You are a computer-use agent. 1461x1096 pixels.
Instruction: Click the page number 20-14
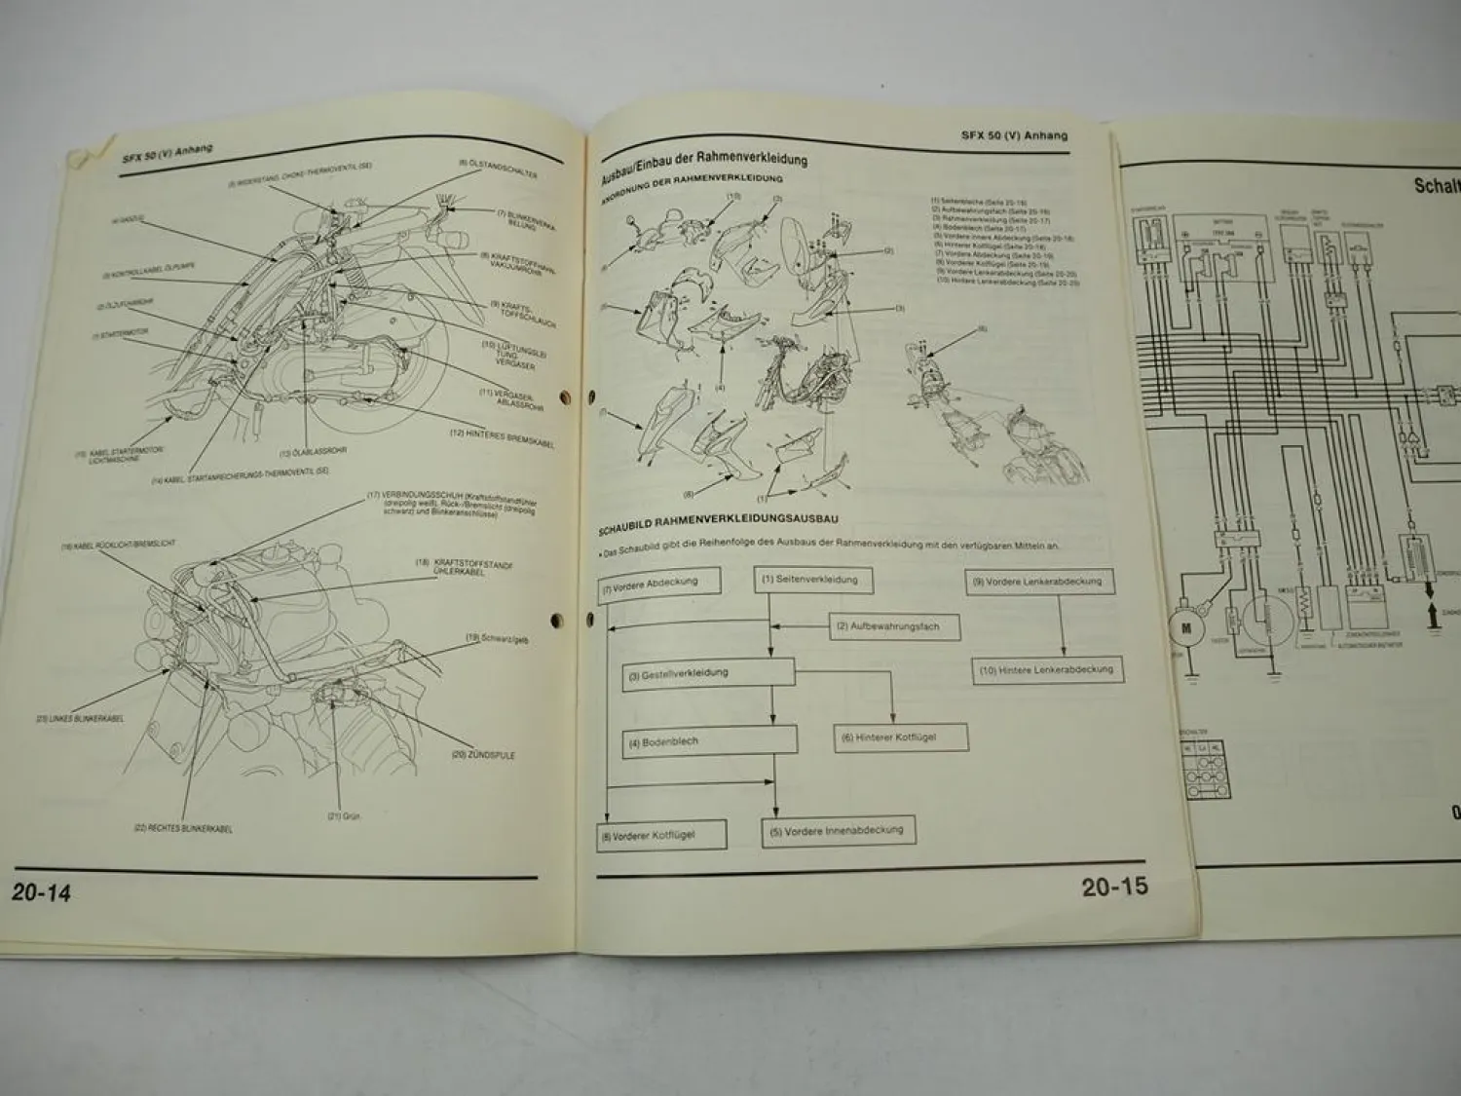42,891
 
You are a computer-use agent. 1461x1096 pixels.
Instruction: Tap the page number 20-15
1114,887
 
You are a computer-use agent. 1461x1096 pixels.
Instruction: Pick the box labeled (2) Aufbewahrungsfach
894,626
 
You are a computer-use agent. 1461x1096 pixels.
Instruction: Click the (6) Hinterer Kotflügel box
901,737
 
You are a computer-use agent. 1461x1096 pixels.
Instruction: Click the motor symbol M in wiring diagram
1186,628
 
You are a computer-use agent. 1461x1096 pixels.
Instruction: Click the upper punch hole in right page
591,397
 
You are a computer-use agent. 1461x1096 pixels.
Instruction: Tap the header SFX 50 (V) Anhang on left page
168,151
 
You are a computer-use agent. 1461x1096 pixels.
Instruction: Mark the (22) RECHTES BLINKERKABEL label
182,828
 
